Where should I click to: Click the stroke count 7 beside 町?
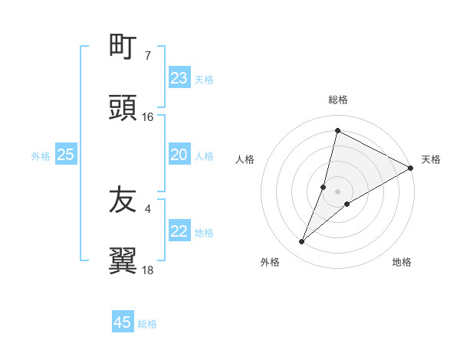click(148, 55)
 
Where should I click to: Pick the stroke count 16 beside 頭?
click(148, 117)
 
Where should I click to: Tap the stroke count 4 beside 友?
click(148, 208)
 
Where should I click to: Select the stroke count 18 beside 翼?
click(148, 270)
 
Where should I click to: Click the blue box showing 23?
click(179, 78)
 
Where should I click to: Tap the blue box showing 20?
click(179, 155)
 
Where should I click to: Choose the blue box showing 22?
click(179, 232)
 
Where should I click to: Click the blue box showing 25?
click(66, 155)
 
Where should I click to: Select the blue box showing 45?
click(123, 323)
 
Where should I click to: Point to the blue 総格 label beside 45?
click(147, 324)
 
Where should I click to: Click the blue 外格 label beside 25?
click(41, 156)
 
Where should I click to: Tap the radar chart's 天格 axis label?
click(431, 159)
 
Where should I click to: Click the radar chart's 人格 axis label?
click(245, 159)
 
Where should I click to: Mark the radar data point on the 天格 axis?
click(411, 169)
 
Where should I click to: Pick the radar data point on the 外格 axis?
click(302, 242)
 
